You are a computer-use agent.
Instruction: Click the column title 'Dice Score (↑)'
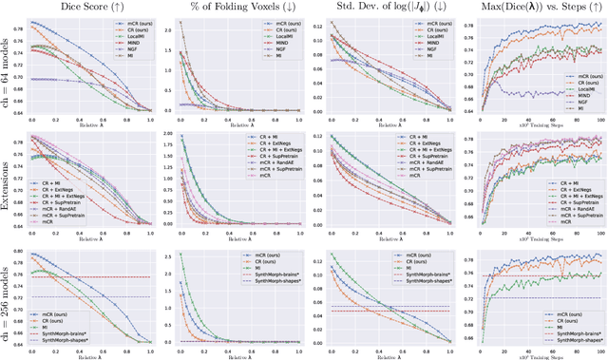92,8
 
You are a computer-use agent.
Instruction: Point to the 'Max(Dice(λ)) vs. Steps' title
531,8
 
